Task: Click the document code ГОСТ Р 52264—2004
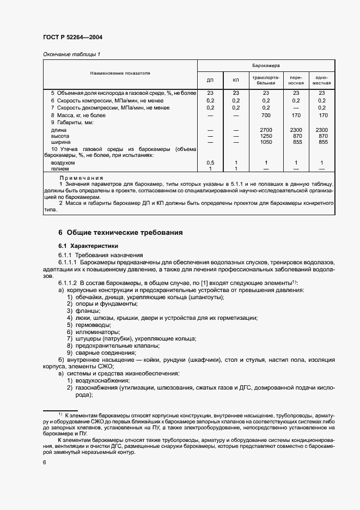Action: pos(72,37)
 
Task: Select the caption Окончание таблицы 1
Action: pos(71,54)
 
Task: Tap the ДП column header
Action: pos(210,81)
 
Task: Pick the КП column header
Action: pos(236,81)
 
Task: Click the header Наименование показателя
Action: pos(120,72)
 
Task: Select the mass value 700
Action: pos(266,116)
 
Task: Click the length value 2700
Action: pos(266,130)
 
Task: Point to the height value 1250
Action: pos(266,136)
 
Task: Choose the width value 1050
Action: pos(266,142)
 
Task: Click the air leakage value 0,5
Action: pos(210,163)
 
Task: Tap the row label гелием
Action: pos(59,169)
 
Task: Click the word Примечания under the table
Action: pos(81,178)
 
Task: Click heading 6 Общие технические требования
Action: pos(120,233)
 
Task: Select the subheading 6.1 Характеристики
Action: pos(88,246)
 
